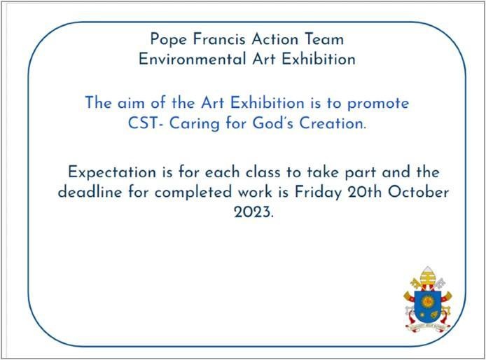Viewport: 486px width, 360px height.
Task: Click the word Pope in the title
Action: (168, 40)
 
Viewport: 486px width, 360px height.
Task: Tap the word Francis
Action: (219, 39)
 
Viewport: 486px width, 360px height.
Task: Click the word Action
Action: (275, 39)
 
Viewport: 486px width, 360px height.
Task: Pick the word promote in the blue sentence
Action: (378, 104)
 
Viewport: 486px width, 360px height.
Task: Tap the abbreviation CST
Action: (146, 123)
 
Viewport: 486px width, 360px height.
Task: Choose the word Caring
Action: (195, 124)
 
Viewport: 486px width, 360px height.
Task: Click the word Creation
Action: (333, 123)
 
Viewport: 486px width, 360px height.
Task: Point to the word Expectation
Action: (112, 173)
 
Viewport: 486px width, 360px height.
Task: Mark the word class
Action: (263, 172)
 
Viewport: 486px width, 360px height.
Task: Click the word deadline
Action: (90, 192)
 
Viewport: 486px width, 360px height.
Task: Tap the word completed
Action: (193, 193)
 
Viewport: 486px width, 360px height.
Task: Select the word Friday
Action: (318, 193)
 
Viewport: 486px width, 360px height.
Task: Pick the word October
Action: (419, 192)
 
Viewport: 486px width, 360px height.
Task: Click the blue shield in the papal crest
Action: (428, 306)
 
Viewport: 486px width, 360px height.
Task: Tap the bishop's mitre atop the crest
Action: (427, 275)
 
